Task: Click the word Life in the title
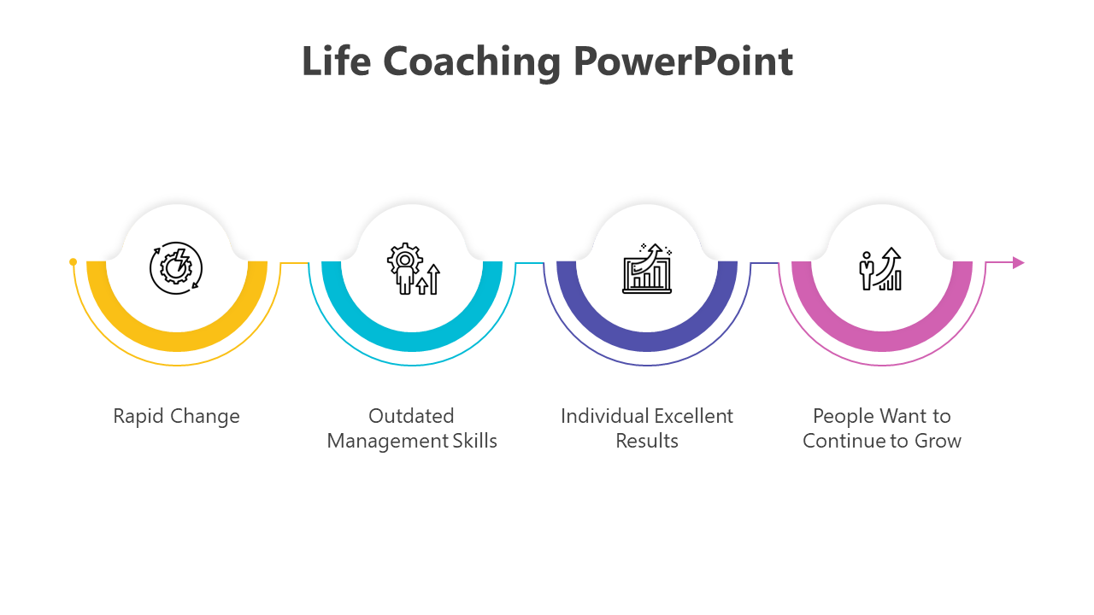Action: point(337,61)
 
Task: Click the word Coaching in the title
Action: point(471,63)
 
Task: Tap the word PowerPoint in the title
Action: point(683,61)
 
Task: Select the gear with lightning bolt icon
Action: point(176,268)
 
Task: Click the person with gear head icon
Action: point(414,268)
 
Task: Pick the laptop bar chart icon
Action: point(647,268)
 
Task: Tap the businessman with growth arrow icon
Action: point(880,269)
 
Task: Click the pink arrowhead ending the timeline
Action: point(1018,263)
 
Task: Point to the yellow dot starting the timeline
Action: point(74,262)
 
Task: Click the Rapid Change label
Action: point(176,417)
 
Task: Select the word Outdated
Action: point(411,416)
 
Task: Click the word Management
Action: point(388,442)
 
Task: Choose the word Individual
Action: point(605,416)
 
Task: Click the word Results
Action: point(647,441)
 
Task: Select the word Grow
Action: point(938,441)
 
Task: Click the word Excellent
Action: point(693,416)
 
